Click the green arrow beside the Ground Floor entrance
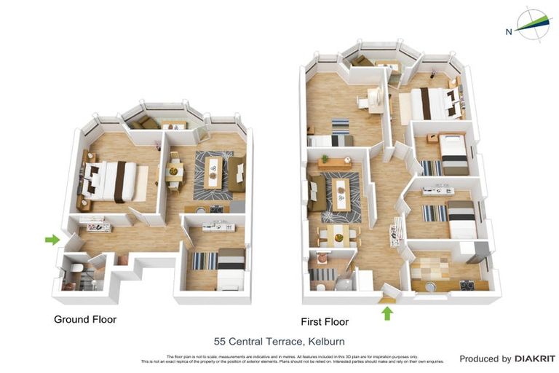(52, 239)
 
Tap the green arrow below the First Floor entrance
(387, 313)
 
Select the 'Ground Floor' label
(85, 319)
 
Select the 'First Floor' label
(325, 321)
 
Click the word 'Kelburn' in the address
(325, 341)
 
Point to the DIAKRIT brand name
(535, 358)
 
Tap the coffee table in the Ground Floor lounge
(213, 172)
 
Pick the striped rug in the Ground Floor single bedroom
(204, 260)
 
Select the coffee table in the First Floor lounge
(341, 195)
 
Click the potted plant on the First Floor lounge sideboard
(325, 159)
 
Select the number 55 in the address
(220, 341)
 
